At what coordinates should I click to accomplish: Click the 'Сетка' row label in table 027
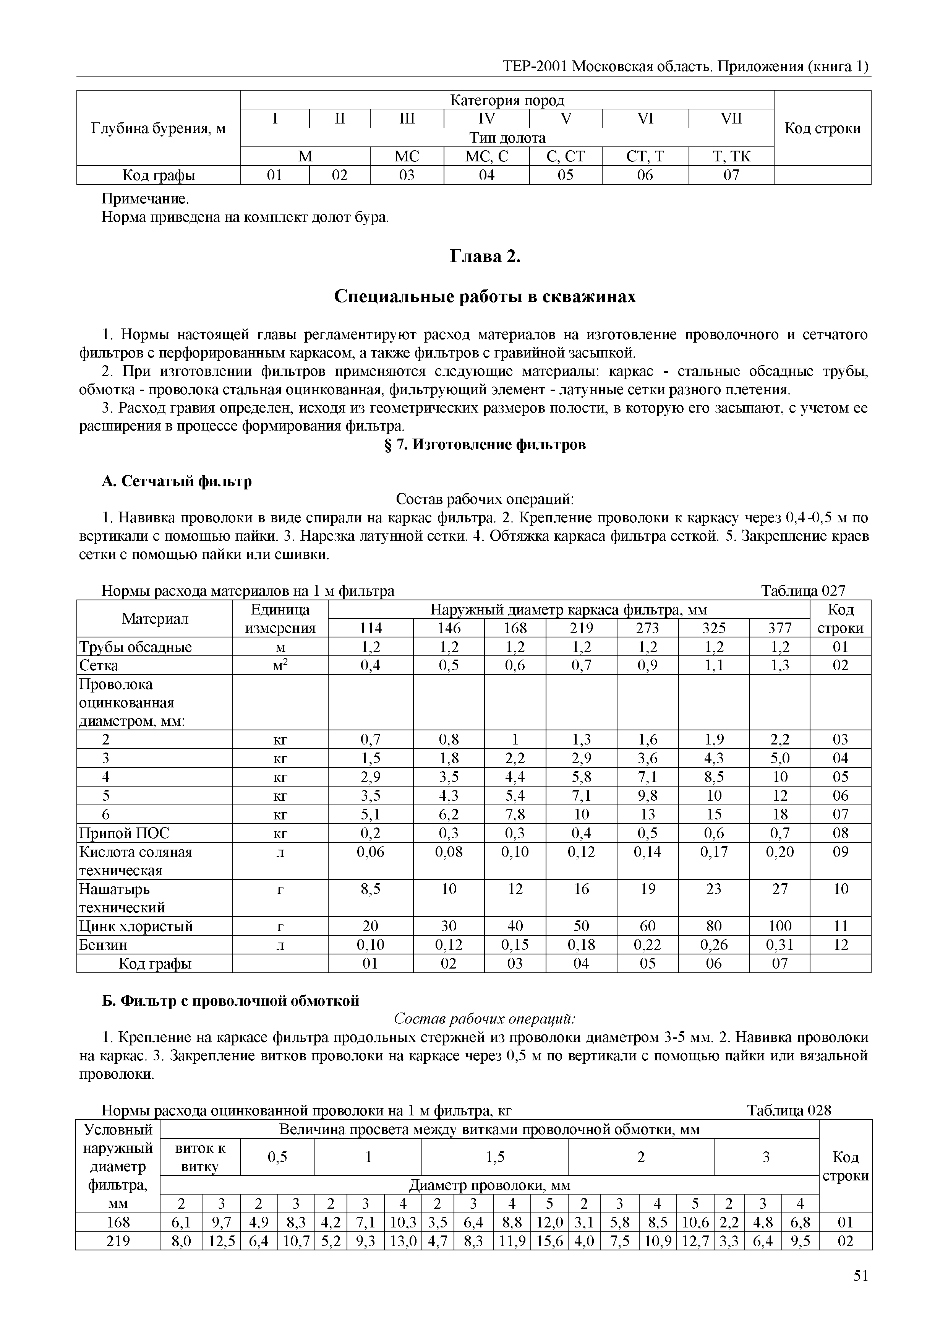99,665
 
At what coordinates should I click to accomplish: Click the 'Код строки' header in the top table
822,128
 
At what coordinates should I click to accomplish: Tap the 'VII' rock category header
731,119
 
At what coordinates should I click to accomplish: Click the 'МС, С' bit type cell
486,156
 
